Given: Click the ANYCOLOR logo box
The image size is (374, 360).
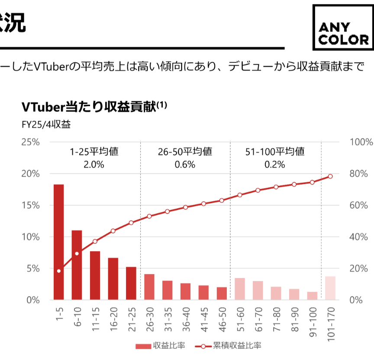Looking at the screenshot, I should (x=342, y=28).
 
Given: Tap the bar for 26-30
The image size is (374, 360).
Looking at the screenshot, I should (x=149, y=287).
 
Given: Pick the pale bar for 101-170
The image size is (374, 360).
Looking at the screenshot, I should (x=330, y=288).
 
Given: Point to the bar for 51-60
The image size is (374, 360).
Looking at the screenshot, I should (x=240, y=289).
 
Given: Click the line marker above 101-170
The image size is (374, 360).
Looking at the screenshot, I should (x=330, y=176).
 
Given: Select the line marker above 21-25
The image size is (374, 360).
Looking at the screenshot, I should (x=131, y=223).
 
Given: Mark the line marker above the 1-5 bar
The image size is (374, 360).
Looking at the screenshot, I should (x=59, y=271).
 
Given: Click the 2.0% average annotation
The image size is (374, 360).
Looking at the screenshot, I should (x=94, y=165).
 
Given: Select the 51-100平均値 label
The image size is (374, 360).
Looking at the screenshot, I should (x=275, y=152).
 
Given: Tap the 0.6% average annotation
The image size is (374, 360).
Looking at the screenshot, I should (x=185, y=165).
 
